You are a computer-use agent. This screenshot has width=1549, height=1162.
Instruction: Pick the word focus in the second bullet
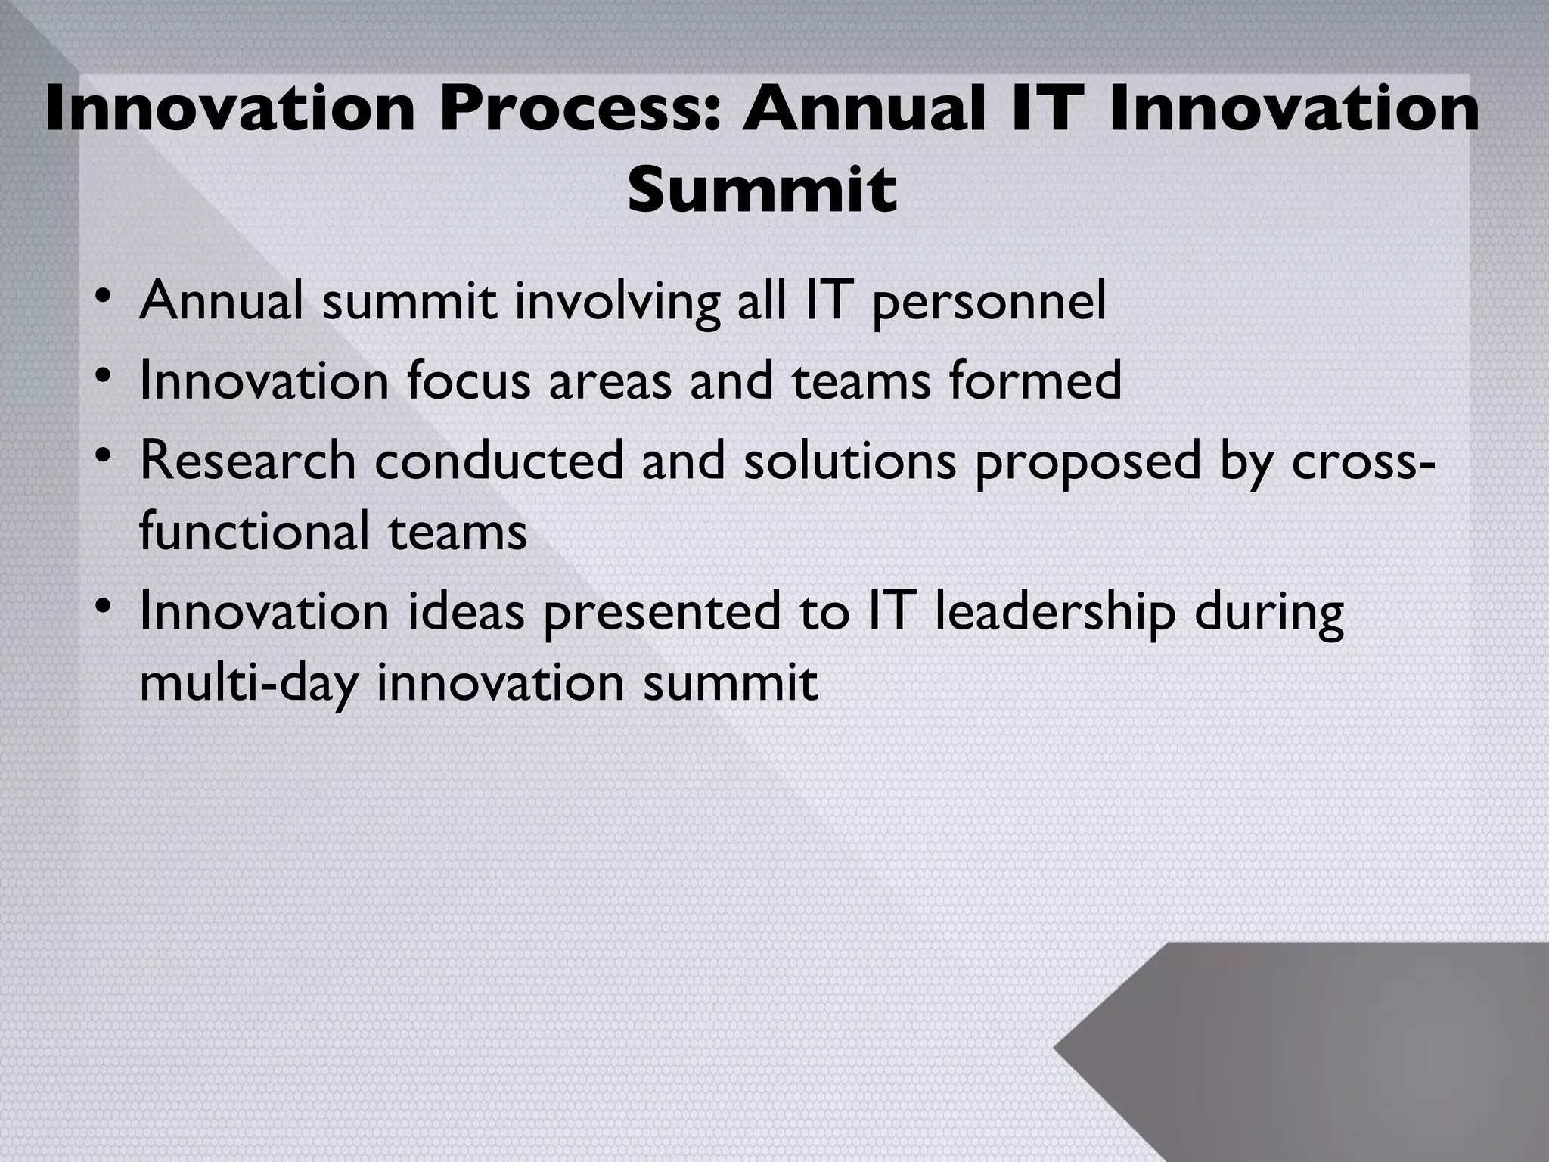(468, 381)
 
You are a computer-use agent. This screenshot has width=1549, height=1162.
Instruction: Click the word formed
(1035, 381)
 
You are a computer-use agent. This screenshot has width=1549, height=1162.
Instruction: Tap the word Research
(247, 460)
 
